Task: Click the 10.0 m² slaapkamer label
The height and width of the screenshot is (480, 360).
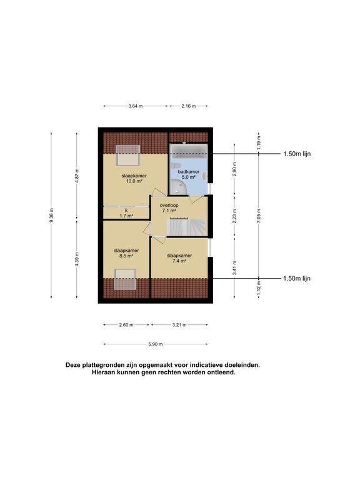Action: (134, 178)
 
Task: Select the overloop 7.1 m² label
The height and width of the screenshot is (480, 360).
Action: (168, 207)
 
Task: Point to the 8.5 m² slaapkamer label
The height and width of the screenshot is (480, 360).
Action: (126, 252)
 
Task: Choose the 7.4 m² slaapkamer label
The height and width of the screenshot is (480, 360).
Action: (179, 259)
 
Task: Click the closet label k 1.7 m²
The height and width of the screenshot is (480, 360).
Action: (126, 213)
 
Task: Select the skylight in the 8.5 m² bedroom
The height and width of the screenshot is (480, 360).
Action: (125, 279)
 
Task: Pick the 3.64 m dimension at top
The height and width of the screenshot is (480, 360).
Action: (135, 106)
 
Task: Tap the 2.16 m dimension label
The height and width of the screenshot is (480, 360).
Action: (188, 106)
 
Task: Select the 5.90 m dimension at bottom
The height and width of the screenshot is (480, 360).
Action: (156, 344)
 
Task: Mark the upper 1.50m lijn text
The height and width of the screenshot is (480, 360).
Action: (296, 154)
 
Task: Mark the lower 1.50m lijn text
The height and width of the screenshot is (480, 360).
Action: (296, 279)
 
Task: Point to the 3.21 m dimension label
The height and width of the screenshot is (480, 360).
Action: (180, 325)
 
